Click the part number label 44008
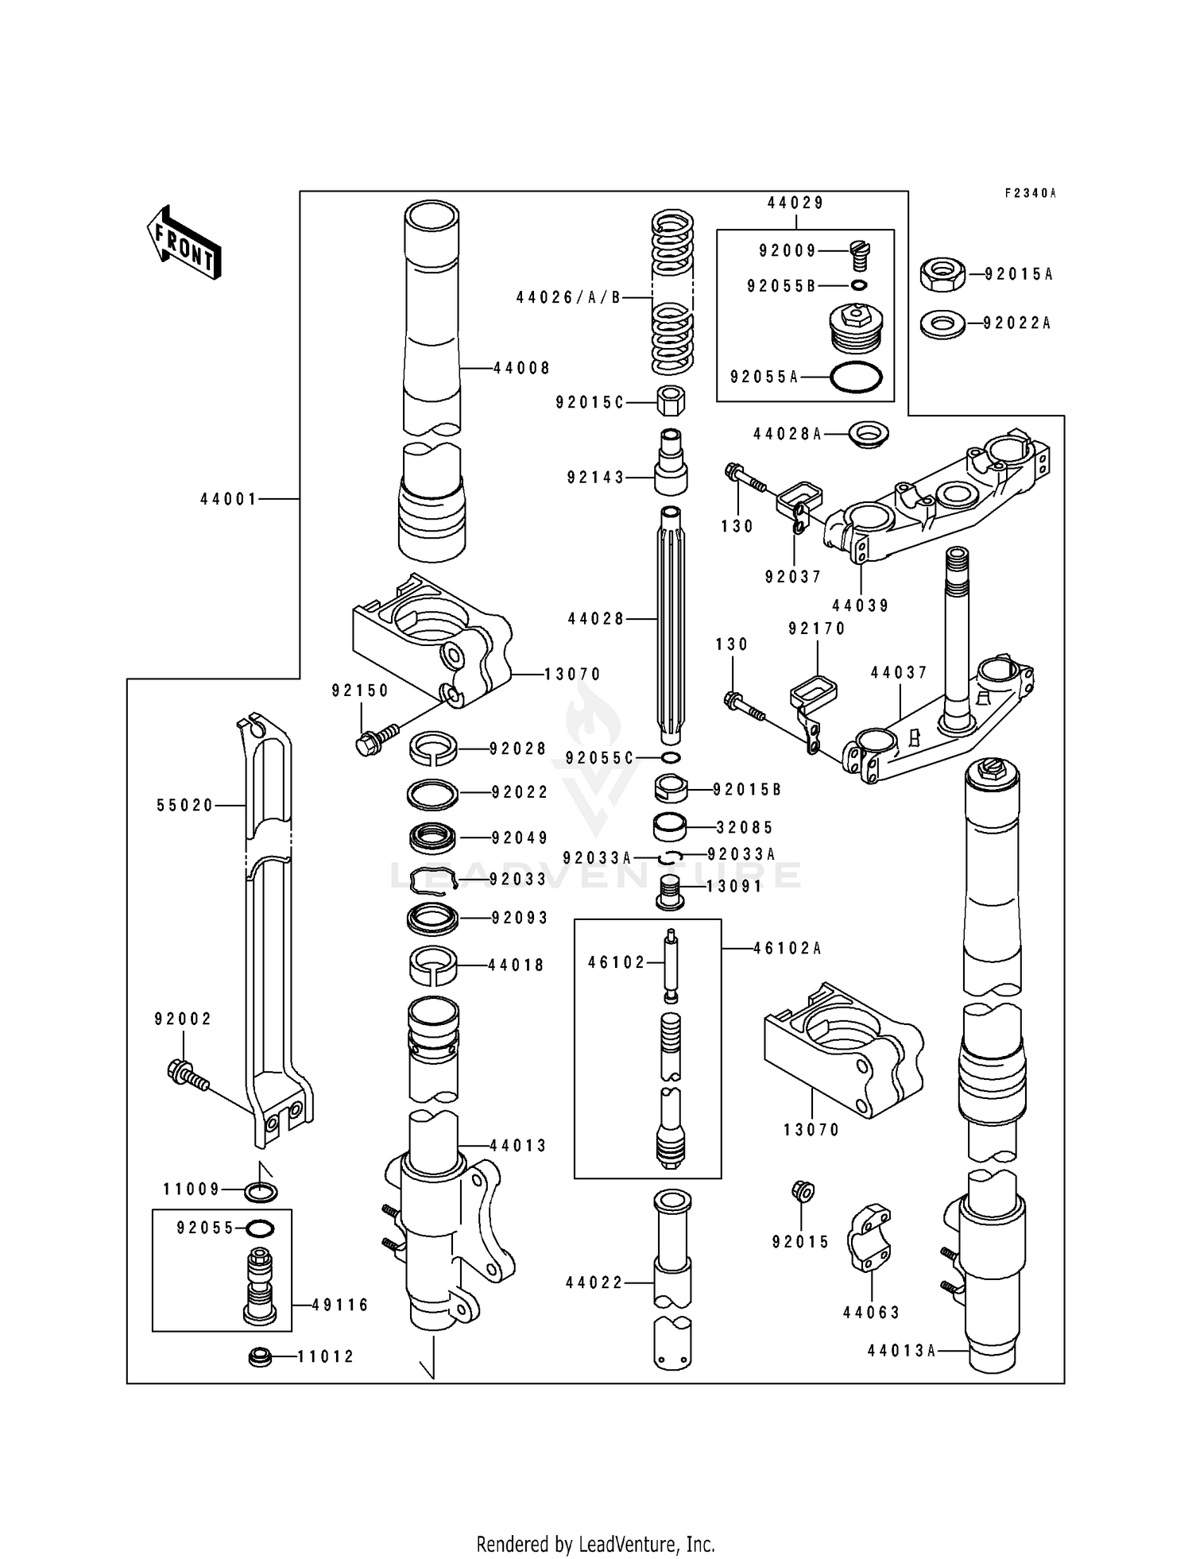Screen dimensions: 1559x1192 (x=521, y=369)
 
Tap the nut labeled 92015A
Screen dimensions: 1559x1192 (x=942, y=275)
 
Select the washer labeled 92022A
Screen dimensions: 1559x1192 (x=942, y=323)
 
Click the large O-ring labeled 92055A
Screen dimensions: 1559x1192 (x=856, y=377)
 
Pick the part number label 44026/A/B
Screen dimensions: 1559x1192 (x=568, y=298)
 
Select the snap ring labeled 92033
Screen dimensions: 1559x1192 (x=433, y=880)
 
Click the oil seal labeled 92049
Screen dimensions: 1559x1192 (x=433, y=838)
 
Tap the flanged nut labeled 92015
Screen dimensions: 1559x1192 (x=803, y=1191)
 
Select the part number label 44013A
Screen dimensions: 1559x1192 (x=901, y=1350)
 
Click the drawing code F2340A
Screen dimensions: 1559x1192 (x=1031, y=193)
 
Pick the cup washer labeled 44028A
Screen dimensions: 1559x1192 (x=868, y=435)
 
